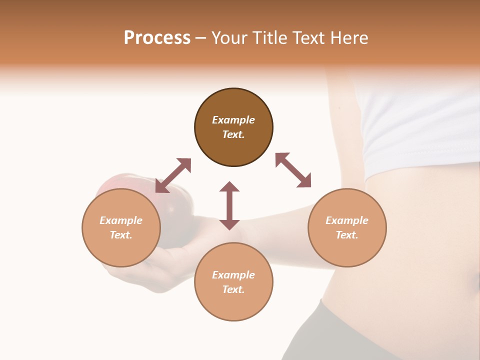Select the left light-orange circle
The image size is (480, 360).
[x=121, y=227]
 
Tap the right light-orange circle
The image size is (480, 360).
[x=347, y=227]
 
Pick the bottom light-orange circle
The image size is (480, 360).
[x=233, y=282]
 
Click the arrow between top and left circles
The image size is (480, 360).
[x=173, y=175]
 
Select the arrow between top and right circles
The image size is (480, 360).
[x=293, y=170]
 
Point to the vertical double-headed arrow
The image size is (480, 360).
[x=229, y=205]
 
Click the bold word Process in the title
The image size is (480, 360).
[x=157, y=38]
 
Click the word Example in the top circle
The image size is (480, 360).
[x=233, y=120]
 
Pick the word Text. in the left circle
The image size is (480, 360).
[x=121, y=235]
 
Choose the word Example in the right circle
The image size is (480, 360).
[x=347, y=220]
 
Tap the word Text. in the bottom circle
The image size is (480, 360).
[x=233, y=289]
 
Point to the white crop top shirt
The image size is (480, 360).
[x=420, y=125]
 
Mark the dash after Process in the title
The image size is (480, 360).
[x=200, y=38]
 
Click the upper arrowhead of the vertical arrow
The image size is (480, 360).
[x=229, y=187]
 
